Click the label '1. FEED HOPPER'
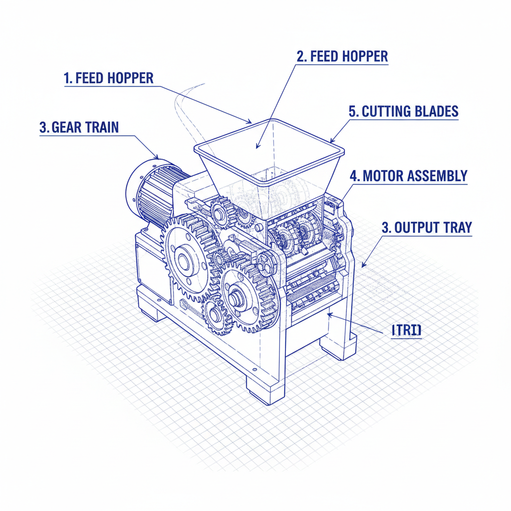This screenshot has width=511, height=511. click(109, 78)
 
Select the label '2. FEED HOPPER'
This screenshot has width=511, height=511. click(342, 56)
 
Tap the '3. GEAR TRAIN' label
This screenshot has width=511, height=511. click(79, 127)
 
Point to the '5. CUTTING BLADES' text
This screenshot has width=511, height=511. click(403, 111)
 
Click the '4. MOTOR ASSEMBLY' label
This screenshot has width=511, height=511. click(408, 176)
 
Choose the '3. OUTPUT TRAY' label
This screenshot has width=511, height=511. click(426, 228)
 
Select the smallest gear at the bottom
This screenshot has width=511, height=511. click(215, 315)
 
